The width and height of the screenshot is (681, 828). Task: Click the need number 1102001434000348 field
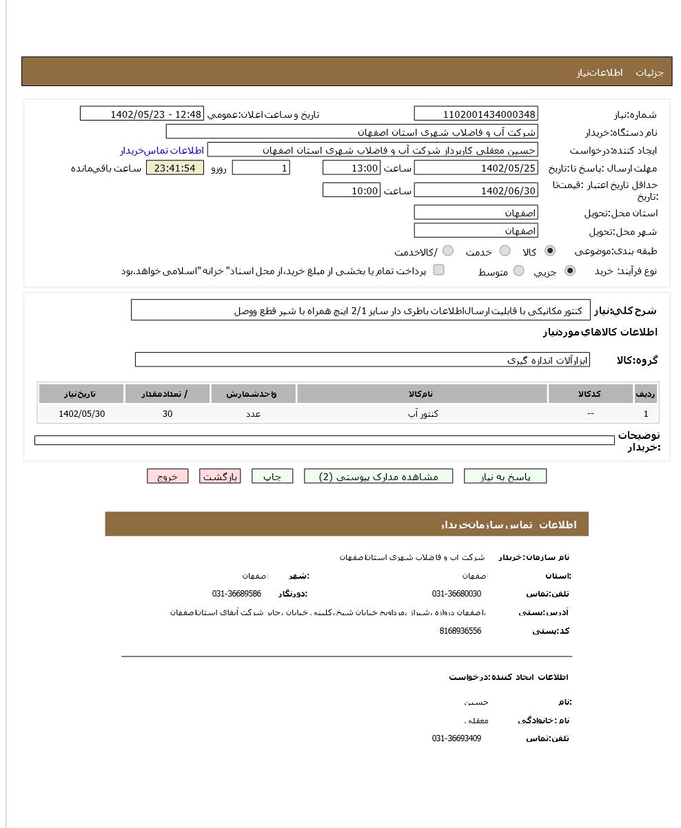click(476, 114)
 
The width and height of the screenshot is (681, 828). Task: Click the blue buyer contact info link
click(162, 150)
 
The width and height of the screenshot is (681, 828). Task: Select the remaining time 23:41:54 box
click(175, 168)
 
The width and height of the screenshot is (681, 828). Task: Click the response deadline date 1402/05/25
click(476, 168)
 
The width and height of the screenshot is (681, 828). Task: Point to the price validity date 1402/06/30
click(476, 191)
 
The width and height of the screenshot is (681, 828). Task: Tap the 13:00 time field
click(351, 168)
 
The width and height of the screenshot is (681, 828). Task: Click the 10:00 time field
click(351, 191)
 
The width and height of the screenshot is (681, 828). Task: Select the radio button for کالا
click(549, 251)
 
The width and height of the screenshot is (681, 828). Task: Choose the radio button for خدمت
click(505, 251)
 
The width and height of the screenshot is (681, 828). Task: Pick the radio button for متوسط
click(518, 271)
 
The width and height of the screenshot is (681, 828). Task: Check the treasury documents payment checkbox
click(438, 270)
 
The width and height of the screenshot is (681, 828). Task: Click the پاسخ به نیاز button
click(505, 477)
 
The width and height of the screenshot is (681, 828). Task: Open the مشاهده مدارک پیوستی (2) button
click(378, 477)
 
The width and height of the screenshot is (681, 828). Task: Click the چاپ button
click(272, 477)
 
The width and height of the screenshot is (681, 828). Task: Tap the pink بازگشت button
click(220, 477)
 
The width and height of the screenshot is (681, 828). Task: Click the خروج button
click(167, 477)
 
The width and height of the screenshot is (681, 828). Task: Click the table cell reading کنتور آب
click(423, 414)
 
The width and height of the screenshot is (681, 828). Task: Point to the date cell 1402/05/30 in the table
click(82, 414)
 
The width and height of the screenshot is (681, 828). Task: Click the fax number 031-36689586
click(236, 594)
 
